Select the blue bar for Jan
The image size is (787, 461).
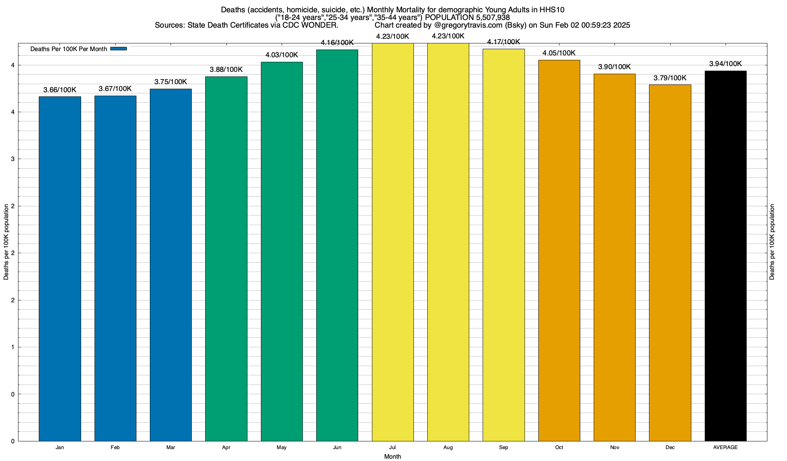point(60,269)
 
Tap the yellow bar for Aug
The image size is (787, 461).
point(448,242)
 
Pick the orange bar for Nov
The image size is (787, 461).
point(614,257)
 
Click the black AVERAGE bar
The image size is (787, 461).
point(726,256)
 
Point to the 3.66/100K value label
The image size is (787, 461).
point(60,90)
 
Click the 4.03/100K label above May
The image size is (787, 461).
point(282,55)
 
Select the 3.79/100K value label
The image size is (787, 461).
point(670,78)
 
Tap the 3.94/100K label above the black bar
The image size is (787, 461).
point(726,64)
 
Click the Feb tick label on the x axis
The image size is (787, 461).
point(115,447)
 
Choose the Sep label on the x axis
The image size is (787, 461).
point(503,447)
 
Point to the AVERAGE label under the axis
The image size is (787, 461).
point(726,447)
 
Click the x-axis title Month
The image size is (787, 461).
point(392,456)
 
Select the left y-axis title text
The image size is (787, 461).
point(6,242)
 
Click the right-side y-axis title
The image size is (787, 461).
point(772,242)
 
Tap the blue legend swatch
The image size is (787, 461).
point(118,49)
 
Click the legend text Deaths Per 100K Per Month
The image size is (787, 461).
point(68,49)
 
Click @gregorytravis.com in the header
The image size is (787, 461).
point(468,25)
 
